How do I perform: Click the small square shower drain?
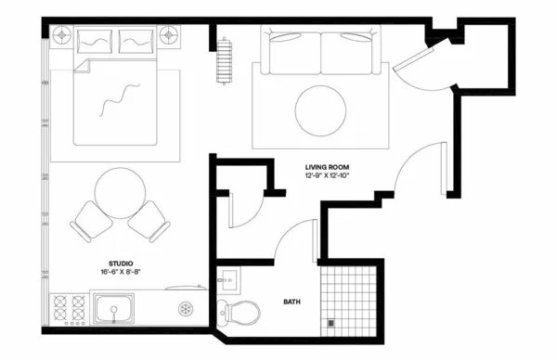pos(330,322)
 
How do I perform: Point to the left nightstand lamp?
pos(62,36)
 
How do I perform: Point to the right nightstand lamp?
pos(170,36)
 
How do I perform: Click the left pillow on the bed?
pos(93,40)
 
